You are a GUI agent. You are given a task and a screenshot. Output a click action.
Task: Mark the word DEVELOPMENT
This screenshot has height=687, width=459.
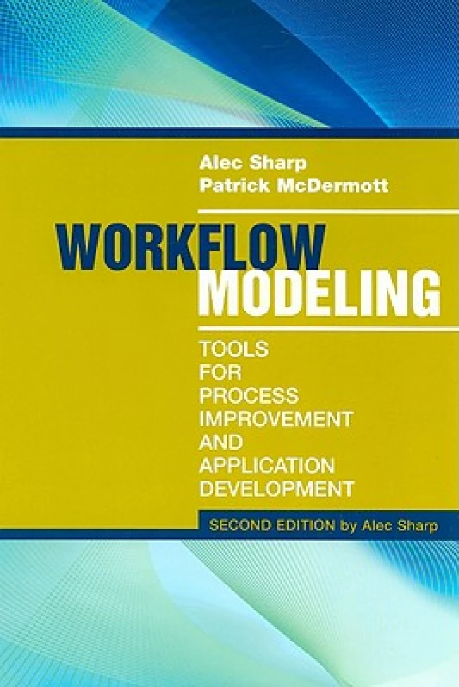(275, 490)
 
